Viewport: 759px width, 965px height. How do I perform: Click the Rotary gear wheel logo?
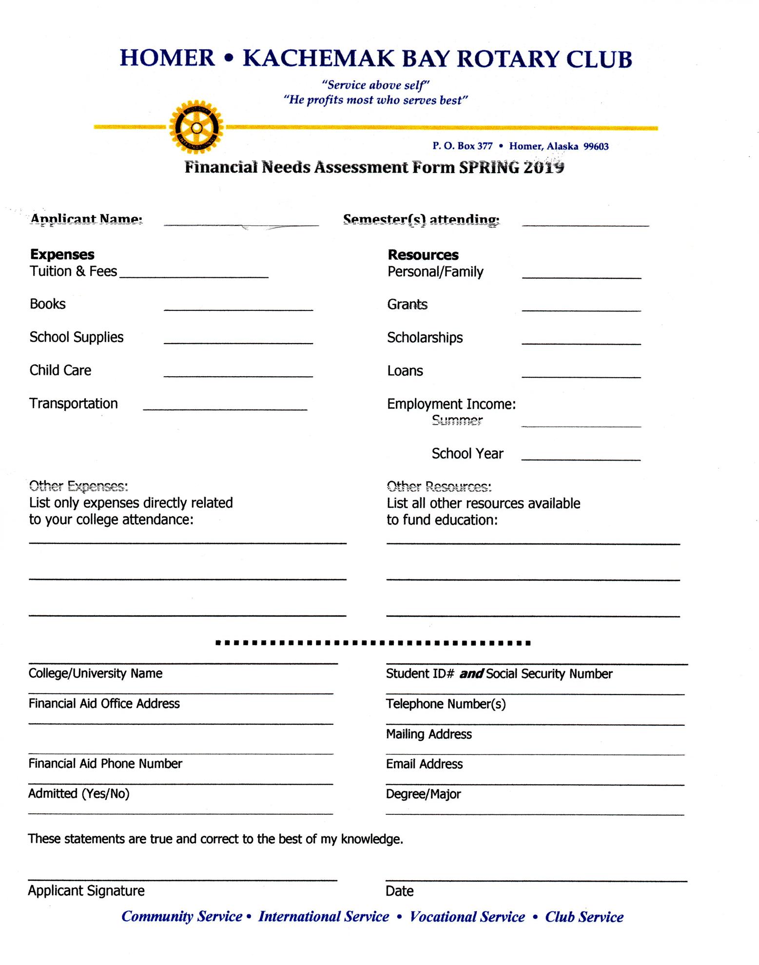(196, 127)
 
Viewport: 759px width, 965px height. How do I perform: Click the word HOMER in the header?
(167, 58)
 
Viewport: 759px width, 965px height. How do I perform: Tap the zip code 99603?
(596, 146)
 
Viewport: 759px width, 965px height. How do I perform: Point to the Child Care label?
(60, 370)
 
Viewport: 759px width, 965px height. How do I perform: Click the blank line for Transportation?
(225, 408)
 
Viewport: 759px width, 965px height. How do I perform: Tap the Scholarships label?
(425, 338)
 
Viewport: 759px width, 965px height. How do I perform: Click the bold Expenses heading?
(62, 254)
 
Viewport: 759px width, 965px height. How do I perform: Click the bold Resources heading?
(423, 255)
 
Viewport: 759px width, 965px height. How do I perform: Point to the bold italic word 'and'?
(471, 674)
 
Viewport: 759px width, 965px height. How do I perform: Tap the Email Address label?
(424, 764)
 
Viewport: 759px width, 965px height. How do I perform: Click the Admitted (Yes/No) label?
(79, 794)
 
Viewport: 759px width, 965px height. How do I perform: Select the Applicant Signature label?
(86, 891)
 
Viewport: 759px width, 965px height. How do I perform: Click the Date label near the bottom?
(399, 891)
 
